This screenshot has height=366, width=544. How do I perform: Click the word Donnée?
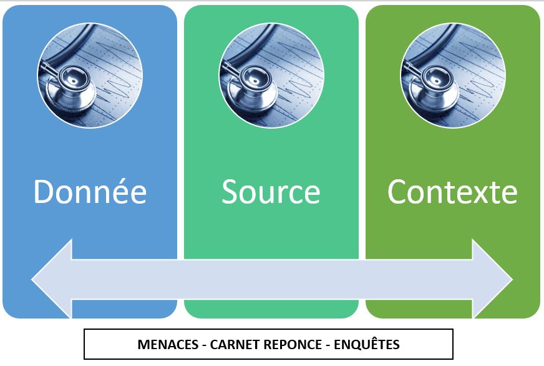click(x=90, y=192)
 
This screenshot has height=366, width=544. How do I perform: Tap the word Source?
click(x=271, y=192)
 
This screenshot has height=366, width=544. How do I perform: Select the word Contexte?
click(x=452, y=192)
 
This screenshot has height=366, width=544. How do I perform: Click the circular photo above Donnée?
click(x=90, y=75)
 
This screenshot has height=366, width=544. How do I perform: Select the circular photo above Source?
click(x=271, y=75)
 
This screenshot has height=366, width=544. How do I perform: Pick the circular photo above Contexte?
click(x=452, y=75)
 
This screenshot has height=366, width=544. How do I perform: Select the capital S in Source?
click(x=230, y=192)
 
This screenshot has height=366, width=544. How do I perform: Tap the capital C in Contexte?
click(x=397, y=192)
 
